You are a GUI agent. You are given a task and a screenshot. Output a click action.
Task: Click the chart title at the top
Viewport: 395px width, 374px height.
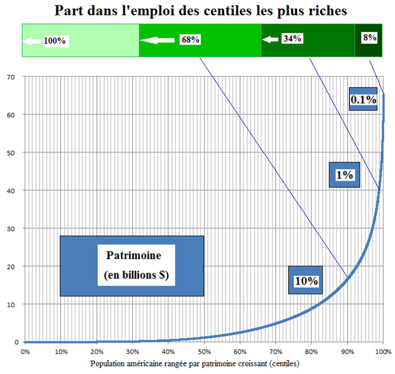[200, 10]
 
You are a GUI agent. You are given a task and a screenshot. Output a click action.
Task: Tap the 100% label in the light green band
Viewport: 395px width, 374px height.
[55, 41]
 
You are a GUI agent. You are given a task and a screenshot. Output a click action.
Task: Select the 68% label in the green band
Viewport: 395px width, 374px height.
[190, 40]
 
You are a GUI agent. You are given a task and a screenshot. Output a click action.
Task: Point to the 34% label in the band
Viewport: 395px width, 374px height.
[292, 39]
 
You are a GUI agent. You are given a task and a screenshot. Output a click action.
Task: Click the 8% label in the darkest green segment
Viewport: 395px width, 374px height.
[370, 37]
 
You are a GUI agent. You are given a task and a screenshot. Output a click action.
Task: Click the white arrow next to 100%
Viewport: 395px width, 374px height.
[31, 41]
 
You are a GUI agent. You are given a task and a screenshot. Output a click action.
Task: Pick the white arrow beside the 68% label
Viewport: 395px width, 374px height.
[158, 40]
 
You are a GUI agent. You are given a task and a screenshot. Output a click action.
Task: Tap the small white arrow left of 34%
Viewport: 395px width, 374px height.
[270, 40]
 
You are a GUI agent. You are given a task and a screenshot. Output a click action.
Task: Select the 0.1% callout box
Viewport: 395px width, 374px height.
[363, 99]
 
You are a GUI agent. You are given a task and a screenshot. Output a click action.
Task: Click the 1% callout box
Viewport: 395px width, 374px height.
[344, 175]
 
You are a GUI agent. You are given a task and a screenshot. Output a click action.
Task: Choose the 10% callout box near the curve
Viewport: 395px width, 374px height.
[306, 280]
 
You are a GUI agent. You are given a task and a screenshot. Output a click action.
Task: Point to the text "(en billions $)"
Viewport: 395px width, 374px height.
[136, 275]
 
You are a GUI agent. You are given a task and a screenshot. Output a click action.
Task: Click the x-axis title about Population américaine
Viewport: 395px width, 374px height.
[195, 364]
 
